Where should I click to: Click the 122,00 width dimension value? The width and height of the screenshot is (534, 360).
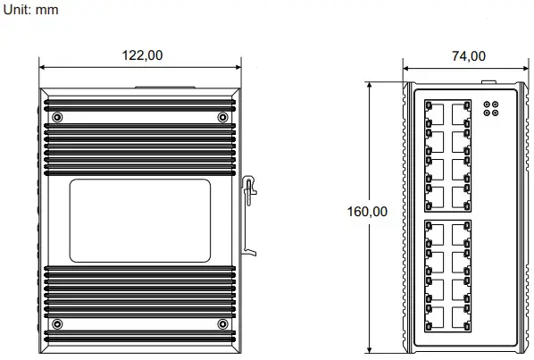pyautogui.click(x=143, y=54)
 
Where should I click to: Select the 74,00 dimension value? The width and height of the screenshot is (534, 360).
pyautogui.click(x=468, y=54)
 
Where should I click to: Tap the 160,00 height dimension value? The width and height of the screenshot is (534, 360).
pyautogui.click(x=367, y=212)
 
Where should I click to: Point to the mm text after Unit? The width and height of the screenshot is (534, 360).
pyautogui.click(x=46, y=8)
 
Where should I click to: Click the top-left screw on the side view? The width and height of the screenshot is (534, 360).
pyautogui.click(x=58, y=118)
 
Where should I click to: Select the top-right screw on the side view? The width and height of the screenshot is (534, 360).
pyautogui.click(x=222, y=118)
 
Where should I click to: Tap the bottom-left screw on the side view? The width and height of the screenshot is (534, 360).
pyautogui.click(x=58, y=322)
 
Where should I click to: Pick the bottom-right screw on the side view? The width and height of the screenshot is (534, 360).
pyautogui.click(x=222, y=322)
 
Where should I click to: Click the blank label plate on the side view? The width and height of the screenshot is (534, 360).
pyautogui.click(x=140, y=221)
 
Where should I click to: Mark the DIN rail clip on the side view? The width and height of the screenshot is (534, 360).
pyautogui.click(x=250, y=214)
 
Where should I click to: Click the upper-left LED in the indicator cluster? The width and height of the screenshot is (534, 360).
pyautogui.click(x=487, y=105)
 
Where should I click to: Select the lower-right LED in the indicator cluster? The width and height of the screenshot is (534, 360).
pyautogui.click(x=495, y=114)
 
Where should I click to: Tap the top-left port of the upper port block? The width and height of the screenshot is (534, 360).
pyautogui.click(x=436, y=113)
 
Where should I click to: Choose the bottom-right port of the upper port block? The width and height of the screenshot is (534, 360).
pyautogui.click(x=462, y=196)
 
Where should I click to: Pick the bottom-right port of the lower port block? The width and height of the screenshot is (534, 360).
pyautogui.click(x=462, y=317)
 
